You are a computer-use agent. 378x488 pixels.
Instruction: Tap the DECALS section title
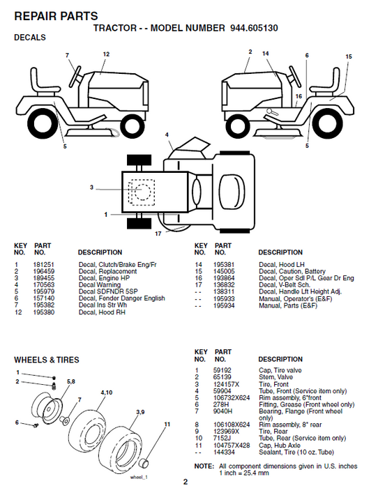click(x=30, y=38)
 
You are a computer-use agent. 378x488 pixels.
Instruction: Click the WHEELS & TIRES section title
click(x=47, y=360)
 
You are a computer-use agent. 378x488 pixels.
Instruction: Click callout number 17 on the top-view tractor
click(x=158, y=233)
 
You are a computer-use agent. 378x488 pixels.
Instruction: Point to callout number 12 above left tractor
click(x=106, y=54)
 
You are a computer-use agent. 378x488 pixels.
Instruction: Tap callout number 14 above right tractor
click(x=266, y=53)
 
